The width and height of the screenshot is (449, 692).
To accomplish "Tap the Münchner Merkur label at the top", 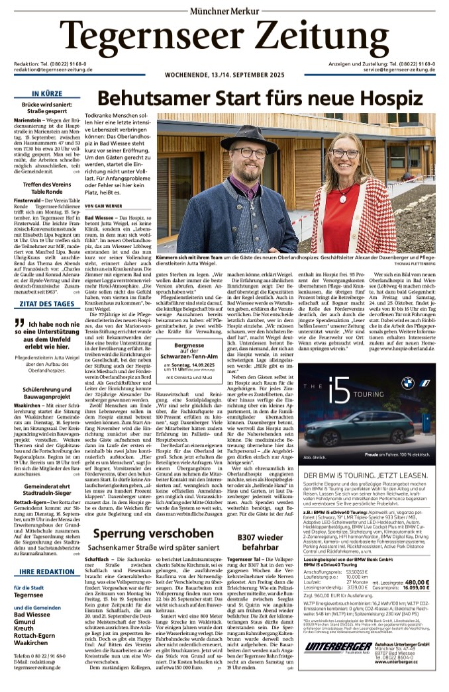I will point(224,10).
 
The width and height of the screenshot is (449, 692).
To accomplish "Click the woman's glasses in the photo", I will point(364,153).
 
